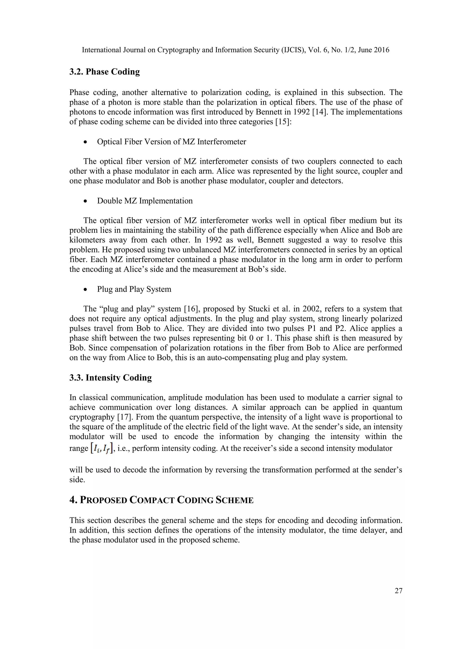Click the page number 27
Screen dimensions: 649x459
(x=398, y=591)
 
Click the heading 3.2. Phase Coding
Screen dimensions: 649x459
(x=105, y=72)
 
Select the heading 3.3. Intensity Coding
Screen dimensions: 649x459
(x=110, y=378)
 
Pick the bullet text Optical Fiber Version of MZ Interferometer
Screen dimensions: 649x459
(x=171, y=142)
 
